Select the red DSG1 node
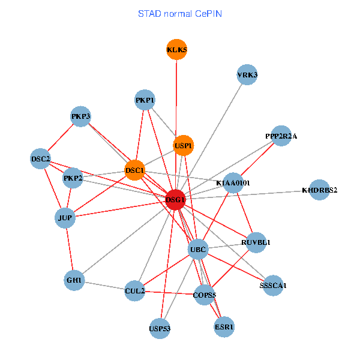point(175,200)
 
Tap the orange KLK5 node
point(176,50)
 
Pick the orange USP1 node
point(184,145)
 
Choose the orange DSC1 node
point(135,171)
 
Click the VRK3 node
point(247,75)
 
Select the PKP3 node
point(80,116)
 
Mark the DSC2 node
point(41,159)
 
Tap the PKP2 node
point(73,178)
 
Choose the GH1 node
point(74,280)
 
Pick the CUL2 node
point(135,291)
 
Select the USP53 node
point(160,328)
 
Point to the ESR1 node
point(224,327)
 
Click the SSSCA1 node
point(273,285)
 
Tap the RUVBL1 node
point(256,242)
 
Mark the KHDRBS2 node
point(320,190)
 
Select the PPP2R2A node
point(281,136)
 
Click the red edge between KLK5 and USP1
point(176,96)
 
